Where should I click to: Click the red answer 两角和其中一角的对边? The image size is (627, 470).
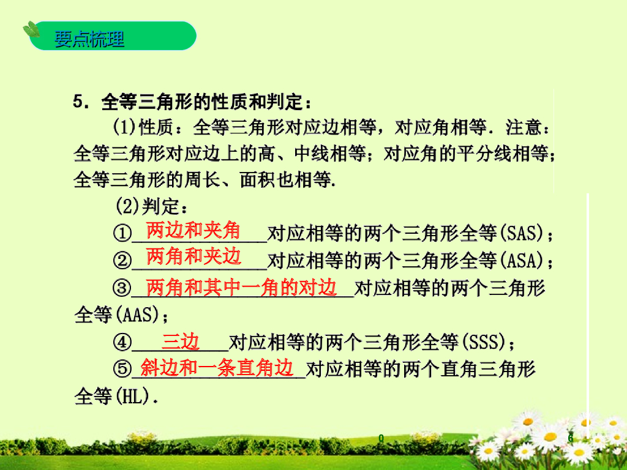pos(242,286)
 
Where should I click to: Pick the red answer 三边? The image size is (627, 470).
pos(181,341)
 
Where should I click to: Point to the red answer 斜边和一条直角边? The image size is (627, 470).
pos(217,367)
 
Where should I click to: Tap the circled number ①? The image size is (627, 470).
pos(122,233)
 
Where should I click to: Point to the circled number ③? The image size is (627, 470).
pos(122,288)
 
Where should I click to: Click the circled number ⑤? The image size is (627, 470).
pos(122,369)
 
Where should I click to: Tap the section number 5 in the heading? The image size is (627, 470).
pos(78,100)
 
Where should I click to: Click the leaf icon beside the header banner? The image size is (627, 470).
pos(31,29)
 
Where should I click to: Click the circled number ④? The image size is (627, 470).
pos(122,341)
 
